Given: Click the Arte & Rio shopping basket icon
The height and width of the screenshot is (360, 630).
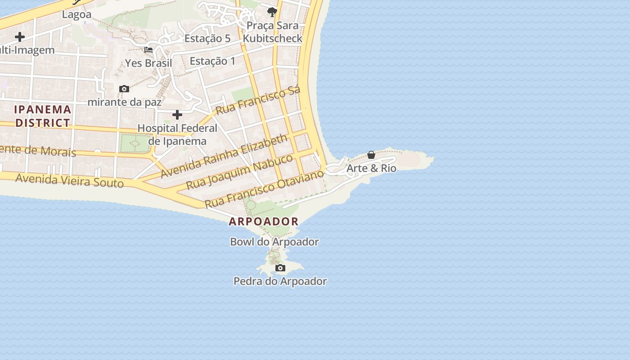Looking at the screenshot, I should tap(371, 155).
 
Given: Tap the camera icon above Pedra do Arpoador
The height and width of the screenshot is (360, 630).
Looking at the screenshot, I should tap(280, 268).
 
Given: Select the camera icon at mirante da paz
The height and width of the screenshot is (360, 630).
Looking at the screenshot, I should tap(124, 89).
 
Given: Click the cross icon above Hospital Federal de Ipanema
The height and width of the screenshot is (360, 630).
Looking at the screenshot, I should tap(177, 115).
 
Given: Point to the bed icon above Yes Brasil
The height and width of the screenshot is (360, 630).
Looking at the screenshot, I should tap(148, 49).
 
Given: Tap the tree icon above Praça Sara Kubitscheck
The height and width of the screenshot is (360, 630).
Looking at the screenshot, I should tap(272, 12).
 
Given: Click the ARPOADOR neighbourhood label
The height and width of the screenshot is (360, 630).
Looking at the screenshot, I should tap(264, 221).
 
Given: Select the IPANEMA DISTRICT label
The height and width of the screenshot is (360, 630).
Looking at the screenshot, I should tap(43, 116).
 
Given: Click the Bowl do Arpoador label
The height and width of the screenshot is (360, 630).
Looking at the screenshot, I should tap(274, 242).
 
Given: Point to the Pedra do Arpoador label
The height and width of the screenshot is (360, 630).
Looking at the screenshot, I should tap(280, 281).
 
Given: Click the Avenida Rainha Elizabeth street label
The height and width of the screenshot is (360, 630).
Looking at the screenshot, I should tap(224, 155).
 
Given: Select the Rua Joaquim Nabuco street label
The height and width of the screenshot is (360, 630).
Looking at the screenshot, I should tap(239, 171).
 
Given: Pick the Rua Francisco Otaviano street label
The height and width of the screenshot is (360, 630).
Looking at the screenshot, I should tap(265, 189).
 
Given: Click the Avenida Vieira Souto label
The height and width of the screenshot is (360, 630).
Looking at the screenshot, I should tap(69, 180).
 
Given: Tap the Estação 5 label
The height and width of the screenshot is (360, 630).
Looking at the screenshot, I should tap(207, 39).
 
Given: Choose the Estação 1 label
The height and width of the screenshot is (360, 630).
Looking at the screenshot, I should tap(212, 61).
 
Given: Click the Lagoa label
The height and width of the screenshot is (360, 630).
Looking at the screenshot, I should tap(76, 14).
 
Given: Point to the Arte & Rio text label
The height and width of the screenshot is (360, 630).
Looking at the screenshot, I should tap(371, 168).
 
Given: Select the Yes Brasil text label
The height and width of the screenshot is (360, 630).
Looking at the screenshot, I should tap(148, 63).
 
